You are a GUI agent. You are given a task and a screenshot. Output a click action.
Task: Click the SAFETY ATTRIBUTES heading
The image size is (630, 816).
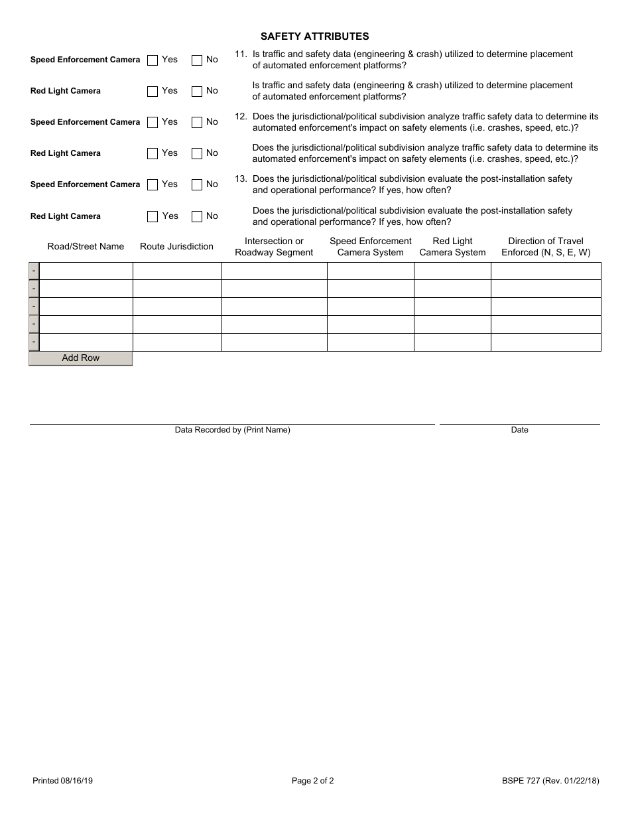[314, 36]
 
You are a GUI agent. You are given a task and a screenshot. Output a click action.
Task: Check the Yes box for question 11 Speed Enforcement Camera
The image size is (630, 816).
[153, 60]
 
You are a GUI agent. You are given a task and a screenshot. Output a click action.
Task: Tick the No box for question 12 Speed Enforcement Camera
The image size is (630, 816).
[197, 122]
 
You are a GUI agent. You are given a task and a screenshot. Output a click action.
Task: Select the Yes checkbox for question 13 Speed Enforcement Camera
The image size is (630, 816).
[153, 185]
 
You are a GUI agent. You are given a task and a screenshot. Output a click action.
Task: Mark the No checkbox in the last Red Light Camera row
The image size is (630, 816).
[197, 216]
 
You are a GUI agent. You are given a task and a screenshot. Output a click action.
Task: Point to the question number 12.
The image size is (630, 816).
[241, 116]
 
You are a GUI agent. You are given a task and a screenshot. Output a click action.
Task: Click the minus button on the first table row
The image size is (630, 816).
[34, 271]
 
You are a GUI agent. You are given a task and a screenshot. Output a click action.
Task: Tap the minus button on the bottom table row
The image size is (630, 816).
[34, 342]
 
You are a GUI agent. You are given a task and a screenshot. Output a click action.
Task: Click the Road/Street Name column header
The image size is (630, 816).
[86, 247]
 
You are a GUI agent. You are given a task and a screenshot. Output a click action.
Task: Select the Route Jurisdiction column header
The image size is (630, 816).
[176, 247]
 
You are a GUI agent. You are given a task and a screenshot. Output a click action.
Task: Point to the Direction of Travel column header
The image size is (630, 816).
[546, 247]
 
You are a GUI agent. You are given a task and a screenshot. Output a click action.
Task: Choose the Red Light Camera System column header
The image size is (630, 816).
[452, 247]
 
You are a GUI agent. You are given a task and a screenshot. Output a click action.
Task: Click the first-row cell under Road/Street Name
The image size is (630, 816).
[86, 271]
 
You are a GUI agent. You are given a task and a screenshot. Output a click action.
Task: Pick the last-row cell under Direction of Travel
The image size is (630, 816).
[546, 342]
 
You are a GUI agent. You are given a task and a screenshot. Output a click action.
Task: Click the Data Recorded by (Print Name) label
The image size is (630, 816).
[232, 430]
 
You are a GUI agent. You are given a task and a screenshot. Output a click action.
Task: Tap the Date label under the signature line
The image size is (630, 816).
[519, 430]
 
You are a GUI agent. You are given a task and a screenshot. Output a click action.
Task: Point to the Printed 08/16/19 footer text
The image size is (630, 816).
[62, 781]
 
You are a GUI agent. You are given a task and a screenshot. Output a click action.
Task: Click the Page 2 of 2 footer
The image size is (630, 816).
[313, 781]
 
